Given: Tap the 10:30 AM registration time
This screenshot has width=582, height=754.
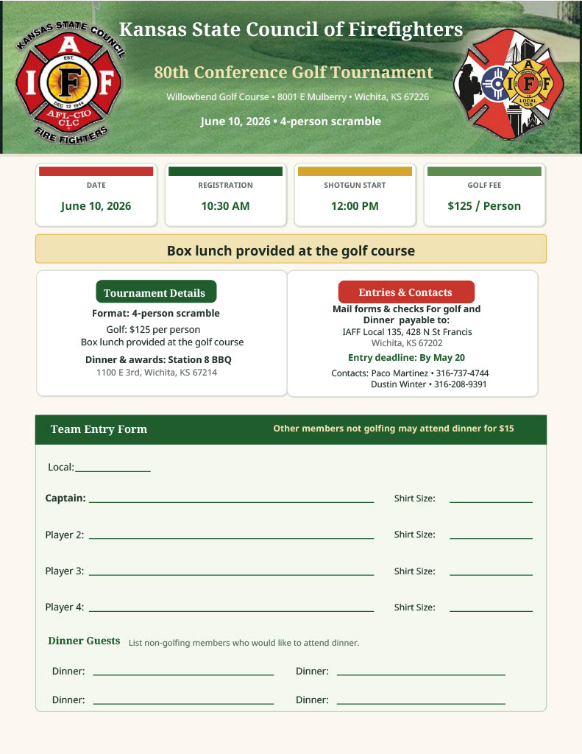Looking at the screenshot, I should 225,206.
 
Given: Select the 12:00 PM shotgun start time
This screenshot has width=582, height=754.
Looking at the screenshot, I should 355,206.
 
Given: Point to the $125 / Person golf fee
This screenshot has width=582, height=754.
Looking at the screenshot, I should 484,206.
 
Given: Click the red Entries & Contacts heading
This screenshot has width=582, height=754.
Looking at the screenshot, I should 405,292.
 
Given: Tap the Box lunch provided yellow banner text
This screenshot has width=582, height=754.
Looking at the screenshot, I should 291,250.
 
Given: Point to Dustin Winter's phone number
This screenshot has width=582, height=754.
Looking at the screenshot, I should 461,384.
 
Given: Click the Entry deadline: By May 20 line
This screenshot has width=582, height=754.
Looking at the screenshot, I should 406,358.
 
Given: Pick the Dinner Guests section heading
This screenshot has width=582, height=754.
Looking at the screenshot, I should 84,641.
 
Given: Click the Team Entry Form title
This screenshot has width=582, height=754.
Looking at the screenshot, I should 99,429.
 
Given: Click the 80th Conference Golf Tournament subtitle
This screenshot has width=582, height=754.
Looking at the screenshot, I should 294,72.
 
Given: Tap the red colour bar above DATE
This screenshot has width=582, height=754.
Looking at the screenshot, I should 96,172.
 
